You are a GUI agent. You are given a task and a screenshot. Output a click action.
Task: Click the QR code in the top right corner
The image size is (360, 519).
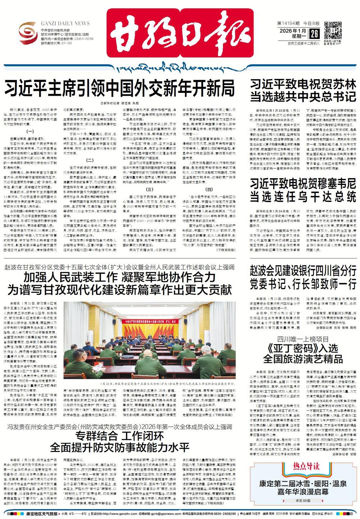[x=333, y=30]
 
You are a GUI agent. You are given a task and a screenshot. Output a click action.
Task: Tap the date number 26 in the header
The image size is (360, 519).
[x=314, y=34]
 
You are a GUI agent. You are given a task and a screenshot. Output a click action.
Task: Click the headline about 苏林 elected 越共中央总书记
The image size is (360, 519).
[x=303, y=91]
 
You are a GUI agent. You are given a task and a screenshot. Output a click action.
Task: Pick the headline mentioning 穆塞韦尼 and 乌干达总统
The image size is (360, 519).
[x=303, y=190]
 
